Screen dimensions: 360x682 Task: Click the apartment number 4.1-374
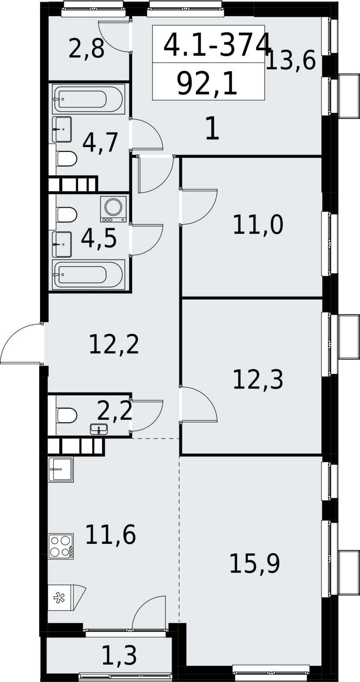point(217,45)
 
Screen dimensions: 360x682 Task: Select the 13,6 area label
point(291,61)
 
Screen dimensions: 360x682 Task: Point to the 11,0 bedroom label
point(258,225)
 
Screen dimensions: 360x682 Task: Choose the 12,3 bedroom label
point(258,379)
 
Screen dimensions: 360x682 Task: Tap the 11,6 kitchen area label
point(110,535)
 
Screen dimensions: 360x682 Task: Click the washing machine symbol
point(113,209)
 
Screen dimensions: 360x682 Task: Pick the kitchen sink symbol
point(60,469)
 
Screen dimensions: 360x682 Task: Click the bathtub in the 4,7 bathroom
point(89,99)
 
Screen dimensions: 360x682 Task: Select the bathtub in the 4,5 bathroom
point(89,275)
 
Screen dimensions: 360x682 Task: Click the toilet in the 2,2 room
point(66,415)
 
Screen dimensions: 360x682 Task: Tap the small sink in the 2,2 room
point(99,429)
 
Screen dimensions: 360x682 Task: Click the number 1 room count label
point(213,129)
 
